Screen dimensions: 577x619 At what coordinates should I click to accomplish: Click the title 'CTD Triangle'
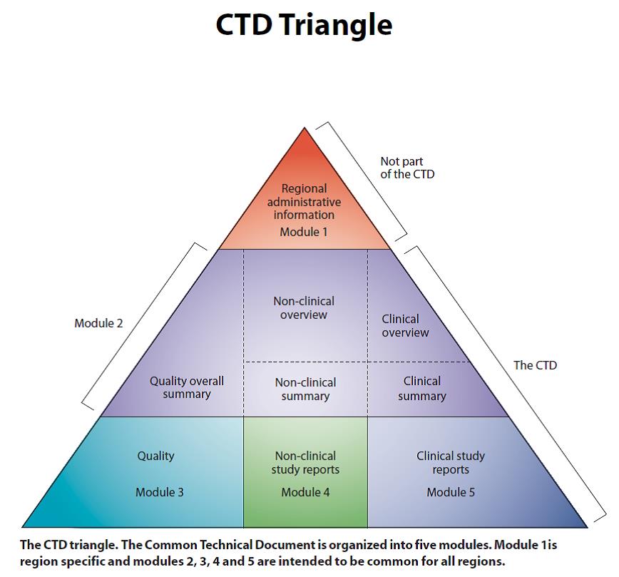(x=304, y=25)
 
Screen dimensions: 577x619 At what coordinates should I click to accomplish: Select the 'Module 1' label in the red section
(x=305, y=232)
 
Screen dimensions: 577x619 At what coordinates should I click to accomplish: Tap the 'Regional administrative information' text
(x=305, y=202)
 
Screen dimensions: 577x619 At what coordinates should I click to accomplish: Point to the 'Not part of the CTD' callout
(x=406, y=168)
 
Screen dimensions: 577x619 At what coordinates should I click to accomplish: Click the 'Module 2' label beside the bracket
(x=98, y=323)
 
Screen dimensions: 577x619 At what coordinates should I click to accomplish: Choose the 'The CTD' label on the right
(x=535, y=365)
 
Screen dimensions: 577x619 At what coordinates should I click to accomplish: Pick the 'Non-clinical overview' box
(x=304, y=308)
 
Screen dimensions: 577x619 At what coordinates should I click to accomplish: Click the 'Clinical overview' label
(x=405, y=326)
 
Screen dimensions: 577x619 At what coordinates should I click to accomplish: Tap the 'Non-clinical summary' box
(x=305, y=389)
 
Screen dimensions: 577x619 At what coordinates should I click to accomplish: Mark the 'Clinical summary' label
(x=421, y=389)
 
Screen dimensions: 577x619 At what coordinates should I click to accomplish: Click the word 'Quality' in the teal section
(x=155, y=456)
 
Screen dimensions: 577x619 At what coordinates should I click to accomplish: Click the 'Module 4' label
(x=305, y=492)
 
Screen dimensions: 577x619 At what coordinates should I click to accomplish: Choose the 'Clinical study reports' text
(x=450, y=463)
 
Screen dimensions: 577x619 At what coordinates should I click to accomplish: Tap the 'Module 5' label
(x=451, y=492)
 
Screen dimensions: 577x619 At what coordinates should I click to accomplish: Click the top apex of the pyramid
(x=305, y=129)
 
